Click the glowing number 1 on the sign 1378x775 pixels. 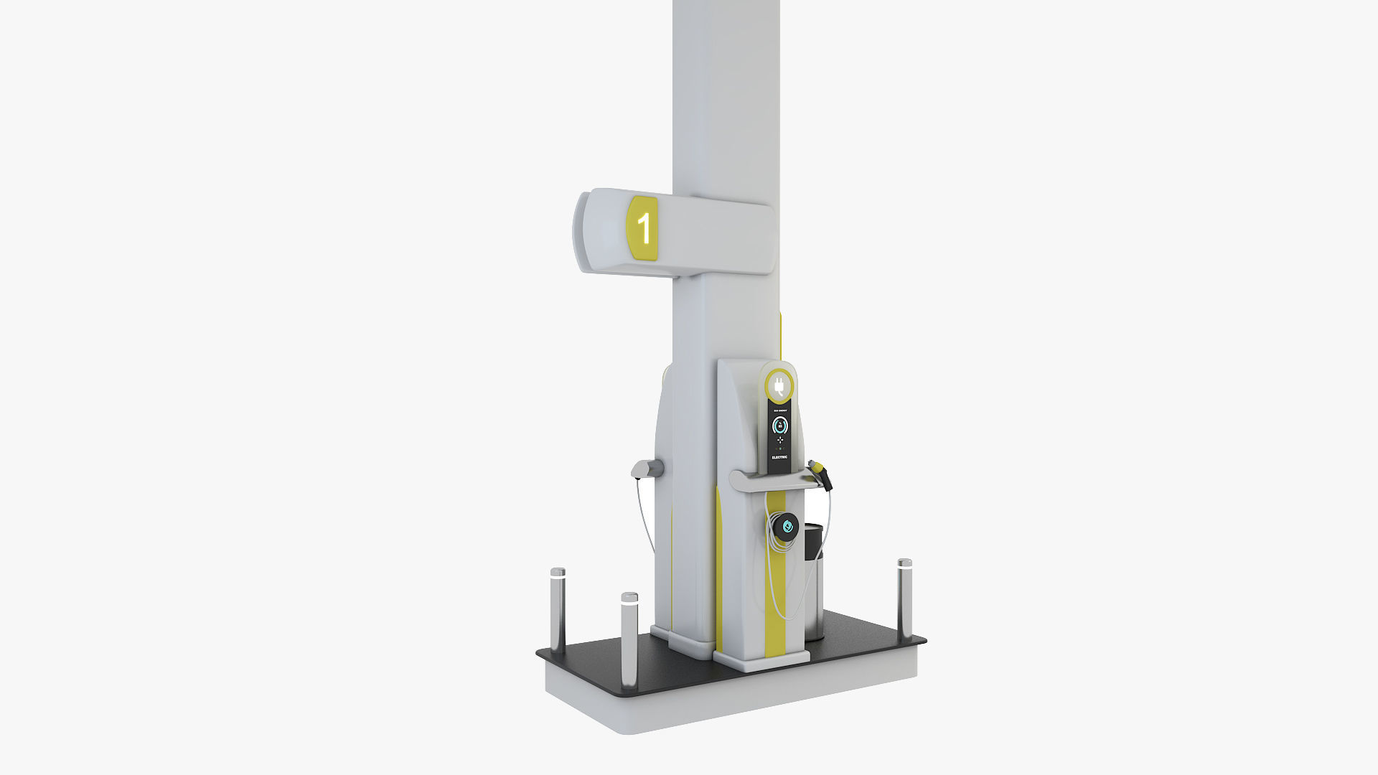(645, 228)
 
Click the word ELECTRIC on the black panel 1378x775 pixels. (779, 457)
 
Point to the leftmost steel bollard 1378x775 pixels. (558, 610)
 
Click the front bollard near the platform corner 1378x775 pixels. (629, 639)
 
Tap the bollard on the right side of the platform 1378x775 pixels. (904, 599)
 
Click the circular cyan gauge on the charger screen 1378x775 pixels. (779, 426)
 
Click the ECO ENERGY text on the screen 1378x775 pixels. (779, 411)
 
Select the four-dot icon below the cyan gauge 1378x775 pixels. (779, 439)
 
